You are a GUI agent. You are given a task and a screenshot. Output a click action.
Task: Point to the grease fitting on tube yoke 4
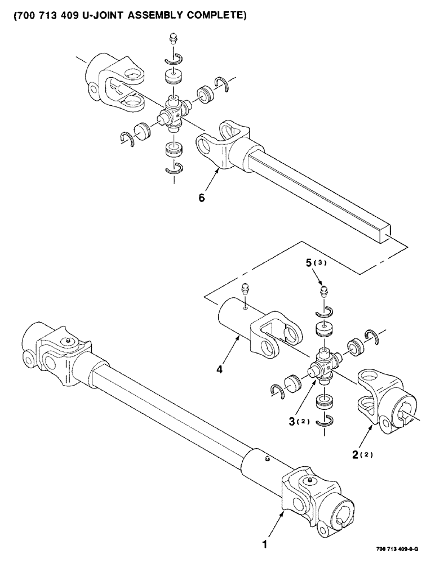[x=245, y=289]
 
